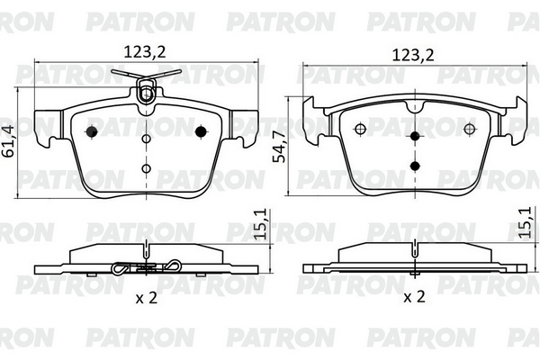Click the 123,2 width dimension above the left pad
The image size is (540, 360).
click(145, 52)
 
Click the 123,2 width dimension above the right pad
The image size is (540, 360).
click(413, 55)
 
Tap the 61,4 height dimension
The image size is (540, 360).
click(9, 141)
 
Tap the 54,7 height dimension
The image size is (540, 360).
click(279, 147)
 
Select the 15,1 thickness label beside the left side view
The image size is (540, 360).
click(261, 224)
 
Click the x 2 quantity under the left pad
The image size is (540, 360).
click(147, 298)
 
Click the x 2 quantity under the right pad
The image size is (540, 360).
click(414, 296)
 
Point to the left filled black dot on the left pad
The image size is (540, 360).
click(92, 131)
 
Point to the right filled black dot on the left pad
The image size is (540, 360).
click(201, 131)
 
